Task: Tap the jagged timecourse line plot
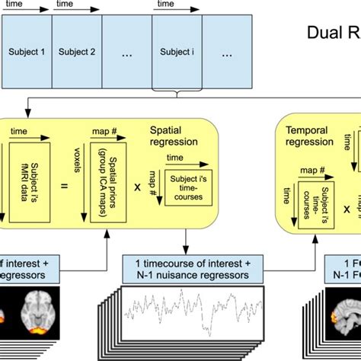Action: [x=190, y=313]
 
